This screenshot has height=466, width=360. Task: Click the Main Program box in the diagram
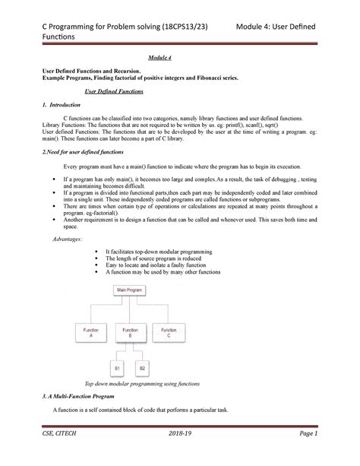tap(130, 290)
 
